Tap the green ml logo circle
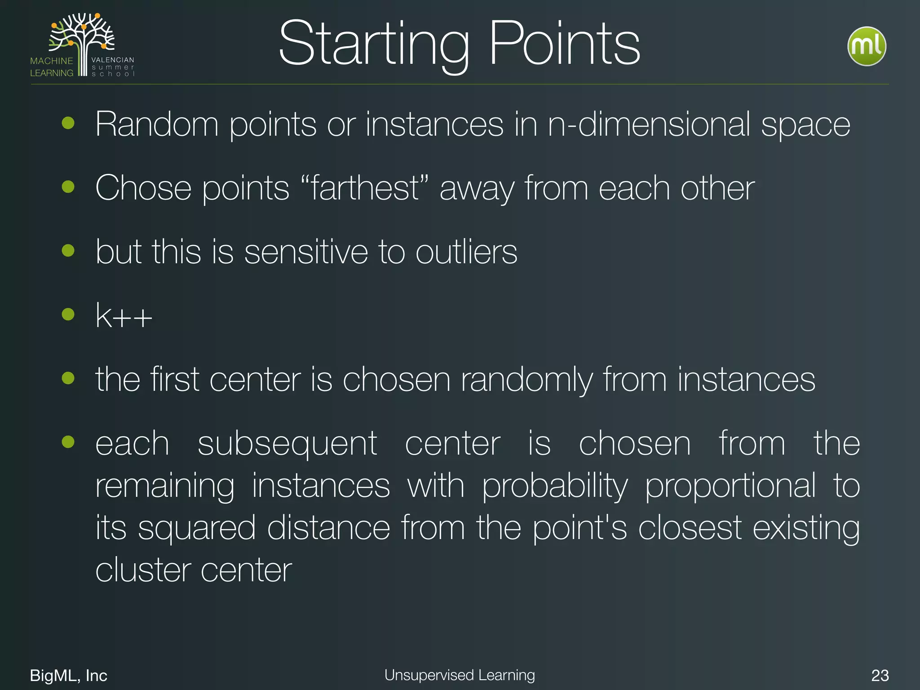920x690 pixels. pyautogui.click(x=867, y=47)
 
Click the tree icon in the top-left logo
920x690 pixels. pyautogui.click(x=83, y=40)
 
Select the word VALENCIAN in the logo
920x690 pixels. pyautogui.click(x=113, y=60)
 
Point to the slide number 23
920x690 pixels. pyautogui.click(x=880, y=675)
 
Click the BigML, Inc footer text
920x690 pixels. pyautogui.click(x=69, y=675)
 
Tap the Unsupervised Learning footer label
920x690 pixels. pyautogui.click(x=460, y=675)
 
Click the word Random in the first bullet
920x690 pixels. pyautogui.click(x=157, y=124)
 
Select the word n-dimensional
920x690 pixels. pyautogui.click(x=649, y=124)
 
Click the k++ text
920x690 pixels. pyautogui.click(x=124, y=316)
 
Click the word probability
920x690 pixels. pyautogui.click(x=555, y=487)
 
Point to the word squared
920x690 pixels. pyautogui.click(x=197, y=529)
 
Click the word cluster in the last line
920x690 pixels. pyautogui.click(x=142, y=570)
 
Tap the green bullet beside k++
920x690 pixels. pyautogui.click(x=68, y=314)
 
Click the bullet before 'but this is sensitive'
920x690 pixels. pyautogui.click(x=68, y=250)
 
